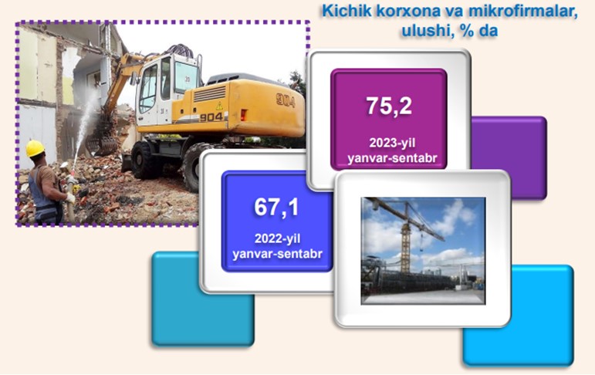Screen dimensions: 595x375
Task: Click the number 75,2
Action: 389,106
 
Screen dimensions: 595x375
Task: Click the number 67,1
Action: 276,208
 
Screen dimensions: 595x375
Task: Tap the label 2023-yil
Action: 392,143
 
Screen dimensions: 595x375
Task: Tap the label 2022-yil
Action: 277,238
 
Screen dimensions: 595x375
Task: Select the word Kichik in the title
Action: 347,11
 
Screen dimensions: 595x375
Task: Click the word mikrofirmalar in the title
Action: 523,11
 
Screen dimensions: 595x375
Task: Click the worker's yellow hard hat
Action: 35,148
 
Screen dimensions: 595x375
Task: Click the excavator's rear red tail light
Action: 243,115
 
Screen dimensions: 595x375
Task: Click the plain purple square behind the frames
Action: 509,158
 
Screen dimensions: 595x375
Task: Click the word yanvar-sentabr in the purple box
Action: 392,158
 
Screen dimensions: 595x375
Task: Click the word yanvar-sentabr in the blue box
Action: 277,254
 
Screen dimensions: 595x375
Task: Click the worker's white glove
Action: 69,198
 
